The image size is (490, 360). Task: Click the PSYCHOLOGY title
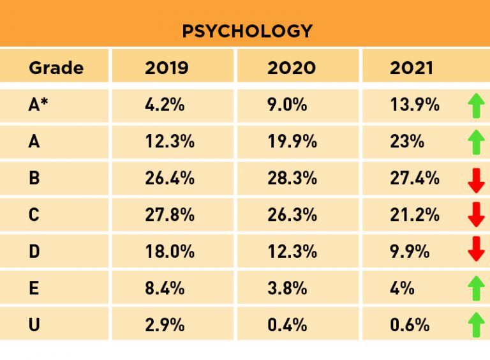[247, 31]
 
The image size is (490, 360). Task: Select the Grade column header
[56, 68]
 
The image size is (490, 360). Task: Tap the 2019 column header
[167, 68]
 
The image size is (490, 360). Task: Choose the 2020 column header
[292, 68]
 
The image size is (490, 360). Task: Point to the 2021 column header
[412, 68]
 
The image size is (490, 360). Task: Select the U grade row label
[34, 324]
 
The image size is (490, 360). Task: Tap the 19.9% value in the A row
[292, 142]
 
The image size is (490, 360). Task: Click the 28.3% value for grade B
[292, 178]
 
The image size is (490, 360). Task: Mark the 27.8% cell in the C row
[170, 214]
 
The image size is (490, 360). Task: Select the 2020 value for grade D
[292, 251]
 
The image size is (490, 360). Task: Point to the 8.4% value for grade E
[165, 288]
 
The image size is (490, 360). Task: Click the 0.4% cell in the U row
[288, 324]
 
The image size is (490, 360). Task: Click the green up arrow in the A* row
[476, 105]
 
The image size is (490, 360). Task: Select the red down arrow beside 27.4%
[476, 180]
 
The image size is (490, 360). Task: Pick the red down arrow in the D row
[476, 249]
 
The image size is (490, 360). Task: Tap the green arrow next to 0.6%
[476, 324]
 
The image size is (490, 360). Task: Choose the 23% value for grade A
[407, 142]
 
